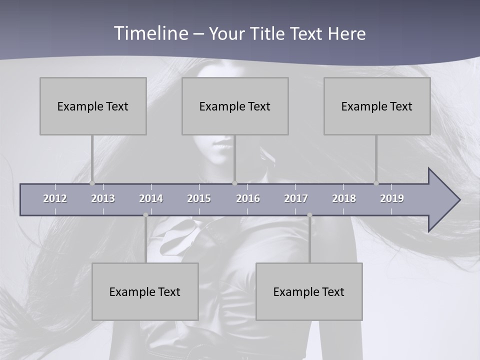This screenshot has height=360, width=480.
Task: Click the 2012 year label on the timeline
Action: pos(55,198)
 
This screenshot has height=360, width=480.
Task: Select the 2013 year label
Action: pos(103,198)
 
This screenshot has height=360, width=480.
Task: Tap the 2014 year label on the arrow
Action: pos(151,198)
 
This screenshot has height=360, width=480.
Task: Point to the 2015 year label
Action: pos(199,198)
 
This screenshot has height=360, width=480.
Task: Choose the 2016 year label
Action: pos(248,198)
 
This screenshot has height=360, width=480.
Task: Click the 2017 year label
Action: pos(296,198)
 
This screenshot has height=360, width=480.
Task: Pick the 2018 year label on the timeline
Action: pos(344,198)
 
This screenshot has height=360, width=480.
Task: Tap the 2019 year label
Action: pos(392,198)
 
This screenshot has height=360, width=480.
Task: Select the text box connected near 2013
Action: pos(93,106)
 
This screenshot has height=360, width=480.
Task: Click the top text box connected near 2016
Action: pos(235,106)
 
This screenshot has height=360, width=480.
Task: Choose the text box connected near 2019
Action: pos(377,106)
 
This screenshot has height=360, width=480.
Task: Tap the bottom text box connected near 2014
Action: pos(145,291)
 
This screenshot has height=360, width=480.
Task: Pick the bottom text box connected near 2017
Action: pos(309,291)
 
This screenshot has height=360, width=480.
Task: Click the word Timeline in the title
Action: pos(151,33)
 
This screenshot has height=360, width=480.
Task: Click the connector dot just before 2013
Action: pos(92,183)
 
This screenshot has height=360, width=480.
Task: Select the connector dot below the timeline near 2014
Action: pos(145,215)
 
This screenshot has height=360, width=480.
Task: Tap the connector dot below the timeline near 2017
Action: pos(309,215)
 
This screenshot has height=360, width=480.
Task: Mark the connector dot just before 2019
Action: pos(376,183)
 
